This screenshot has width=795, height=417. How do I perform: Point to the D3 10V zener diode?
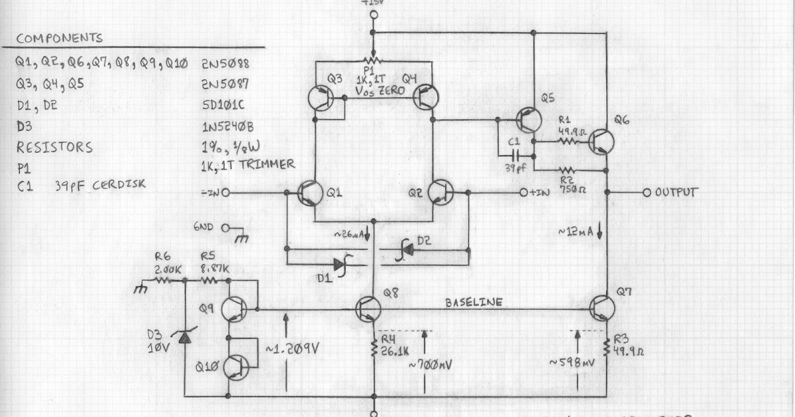point(185,338)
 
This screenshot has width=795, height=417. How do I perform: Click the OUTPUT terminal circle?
point(647,193)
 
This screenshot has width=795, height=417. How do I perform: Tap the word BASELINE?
point(474,302)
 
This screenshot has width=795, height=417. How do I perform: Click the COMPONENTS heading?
point(60,38)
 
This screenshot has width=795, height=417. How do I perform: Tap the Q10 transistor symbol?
point(236,366)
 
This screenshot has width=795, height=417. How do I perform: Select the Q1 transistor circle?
point(311,193)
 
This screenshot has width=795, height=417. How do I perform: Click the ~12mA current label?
point(577,232)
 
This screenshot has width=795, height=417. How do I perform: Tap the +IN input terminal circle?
point(523,193)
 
